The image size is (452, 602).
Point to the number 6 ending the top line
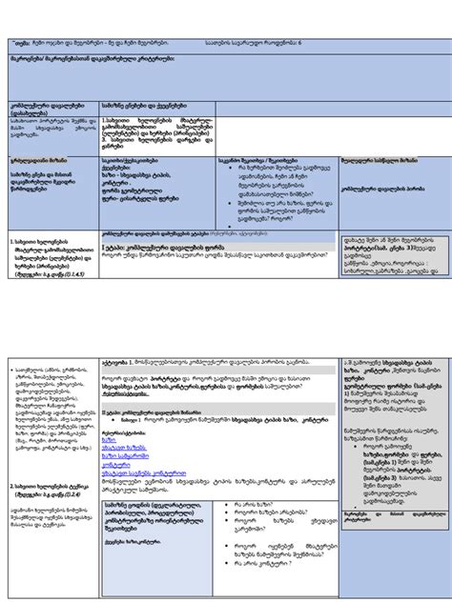301,43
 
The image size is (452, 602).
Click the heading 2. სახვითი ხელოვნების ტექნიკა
51,486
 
